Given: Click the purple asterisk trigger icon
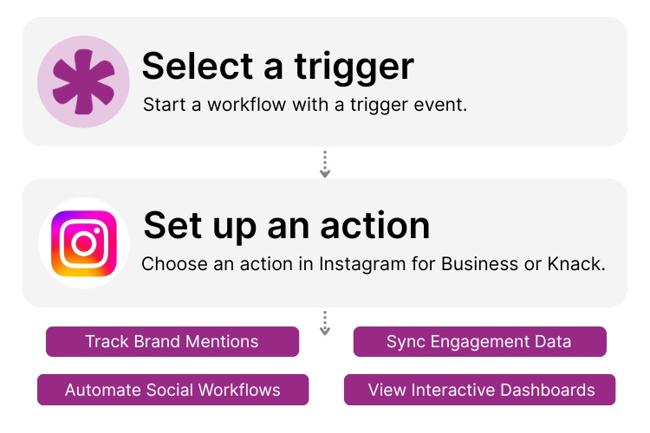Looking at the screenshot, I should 83,82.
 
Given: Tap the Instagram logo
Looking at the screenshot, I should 83,243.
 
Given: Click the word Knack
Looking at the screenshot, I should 576,264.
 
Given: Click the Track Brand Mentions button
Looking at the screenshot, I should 172,341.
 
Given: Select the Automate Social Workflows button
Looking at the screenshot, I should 172,390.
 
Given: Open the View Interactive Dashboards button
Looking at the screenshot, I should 479,390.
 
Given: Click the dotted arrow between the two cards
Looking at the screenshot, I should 325,165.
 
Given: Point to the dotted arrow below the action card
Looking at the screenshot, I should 325,323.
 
